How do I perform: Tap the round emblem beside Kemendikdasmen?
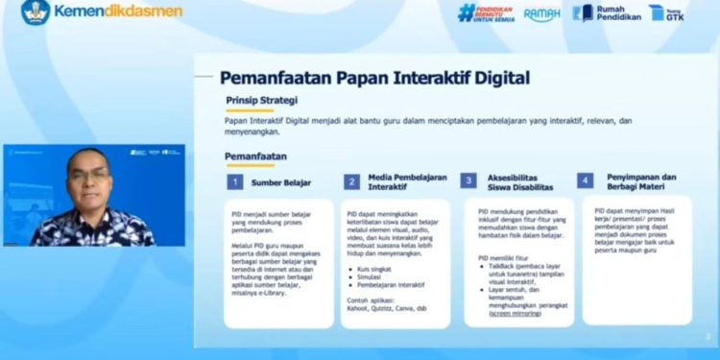pos(36,12)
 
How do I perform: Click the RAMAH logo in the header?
pos(542,13)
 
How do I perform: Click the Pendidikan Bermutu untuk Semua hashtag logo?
pos(487,12)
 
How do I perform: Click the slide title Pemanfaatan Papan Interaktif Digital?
pos(374,77)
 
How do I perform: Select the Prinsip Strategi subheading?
pos(261,100)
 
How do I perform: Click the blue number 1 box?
pos(234,181)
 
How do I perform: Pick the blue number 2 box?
pos(351,181)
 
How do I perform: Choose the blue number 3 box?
pos(468,180)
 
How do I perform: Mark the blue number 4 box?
pos(585,180)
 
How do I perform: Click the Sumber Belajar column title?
pos(281,181)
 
